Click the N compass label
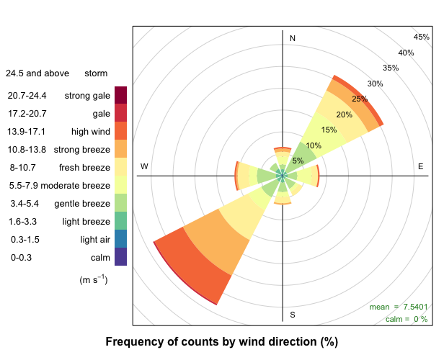click(x=293, y=38)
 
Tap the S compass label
click(x=293, y=315)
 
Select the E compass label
click(x=421, y=166)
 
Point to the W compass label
click(x=144, y=166)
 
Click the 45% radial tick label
click(x=422, y=37)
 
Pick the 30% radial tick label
click(x=375, y=84)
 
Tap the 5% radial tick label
click(x=298, y=161)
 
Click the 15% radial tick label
click(x=329, y=130)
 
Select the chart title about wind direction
click(x=221, y=341)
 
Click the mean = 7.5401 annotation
click(x=399, y=307)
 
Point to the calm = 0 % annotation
click(x=407, y=319)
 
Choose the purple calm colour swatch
click(x=120, y=257)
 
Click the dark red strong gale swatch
click(x=120, y=94)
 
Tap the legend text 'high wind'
click(x=89, y=132)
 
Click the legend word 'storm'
click(x=96, y=73)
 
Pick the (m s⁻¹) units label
click(x=93, y=279)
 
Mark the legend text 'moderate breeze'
click(x=75, y=185)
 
